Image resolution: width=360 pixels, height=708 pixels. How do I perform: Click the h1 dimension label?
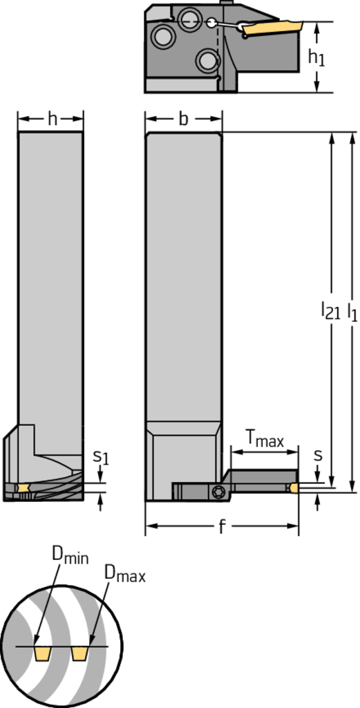[x=316, y=57]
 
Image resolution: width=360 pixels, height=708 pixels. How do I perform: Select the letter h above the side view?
[x=53, y=119]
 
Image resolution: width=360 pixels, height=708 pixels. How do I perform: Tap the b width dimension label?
[x=183, y=119]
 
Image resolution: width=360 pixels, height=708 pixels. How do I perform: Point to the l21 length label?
[x=330, y=310]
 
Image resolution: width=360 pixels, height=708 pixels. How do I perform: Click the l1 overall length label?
[x=352, y=311]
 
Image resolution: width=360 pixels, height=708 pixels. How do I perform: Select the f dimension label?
[x=222, y=526]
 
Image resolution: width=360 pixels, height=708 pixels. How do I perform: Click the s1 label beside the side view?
[x=101, y=458]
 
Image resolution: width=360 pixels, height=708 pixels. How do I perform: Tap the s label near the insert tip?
[x=318, y=456]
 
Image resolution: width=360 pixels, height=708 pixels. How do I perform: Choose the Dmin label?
[x=70, y=557]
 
